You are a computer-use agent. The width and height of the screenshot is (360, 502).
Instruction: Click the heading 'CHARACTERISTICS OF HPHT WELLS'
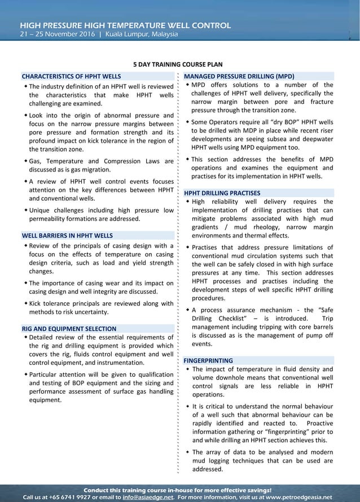[x=71, y=76]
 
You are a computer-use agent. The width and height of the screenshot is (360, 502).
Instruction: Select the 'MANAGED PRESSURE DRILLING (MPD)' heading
[x=239, y=76]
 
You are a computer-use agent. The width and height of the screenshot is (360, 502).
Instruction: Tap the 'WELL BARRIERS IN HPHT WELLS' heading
[x=67, y=235]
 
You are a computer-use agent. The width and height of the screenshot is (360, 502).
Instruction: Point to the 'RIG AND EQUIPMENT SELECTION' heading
[x=69, y=328]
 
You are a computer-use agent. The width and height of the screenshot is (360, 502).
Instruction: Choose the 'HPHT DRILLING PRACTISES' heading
[x=222, y=192]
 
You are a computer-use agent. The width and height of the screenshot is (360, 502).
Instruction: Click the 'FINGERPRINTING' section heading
[x=208, y=360]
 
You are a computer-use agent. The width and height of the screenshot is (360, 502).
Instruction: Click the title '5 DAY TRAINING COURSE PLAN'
[x=179, y=64]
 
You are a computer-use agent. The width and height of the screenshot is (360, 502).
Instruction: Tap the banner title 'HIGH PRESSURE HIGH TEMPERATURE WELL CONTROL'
[x=125, y=25]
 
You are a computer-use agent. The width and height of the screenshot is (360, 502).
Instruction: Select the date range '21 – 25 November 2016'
[x=57, y=34]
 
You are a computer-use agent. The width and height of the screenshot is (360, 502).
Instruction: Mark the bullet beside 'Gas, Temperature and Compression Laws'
[x=25, y=161]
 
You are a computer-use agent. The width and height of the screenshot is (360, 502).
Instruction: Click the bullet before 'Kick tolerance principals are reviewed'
[x=25, y=303]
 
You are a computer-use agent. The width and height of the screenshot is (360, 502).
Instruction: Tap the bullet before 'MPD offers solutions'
[x=188, y=85]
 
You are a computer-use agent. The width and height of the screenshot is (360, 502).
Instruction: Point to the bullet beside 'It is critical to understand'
[x=188, y=406]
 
